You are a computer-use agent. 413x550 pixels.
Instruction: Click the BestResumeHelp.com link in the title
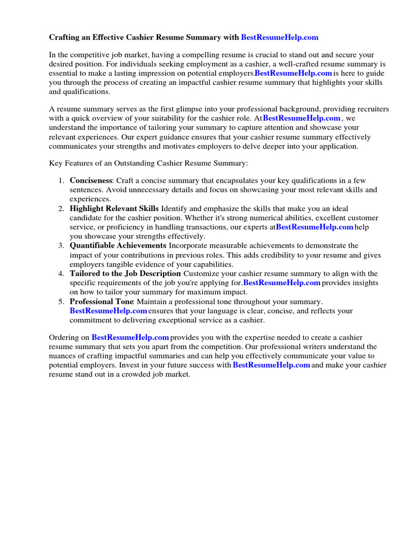click(280, 38)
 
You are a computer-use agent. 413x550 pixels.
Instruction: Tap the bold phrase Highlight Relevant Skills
click(114, 208)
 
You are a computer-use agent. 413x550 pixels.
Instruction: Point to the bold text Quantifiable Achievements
click(118, 245)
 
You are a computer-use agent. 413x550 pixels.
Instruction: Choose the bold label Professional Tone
click(101, 302)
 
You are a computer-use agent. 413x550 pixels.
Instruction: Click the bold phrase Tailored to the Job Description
click(125, 274)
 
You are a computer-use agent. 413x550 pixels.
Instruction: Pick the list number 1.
click(61, 181)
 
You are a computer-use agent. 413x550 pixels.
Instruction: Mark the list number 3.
click(61, 245)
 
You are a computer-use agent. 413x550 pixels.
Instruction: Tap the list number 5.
click(61, 302)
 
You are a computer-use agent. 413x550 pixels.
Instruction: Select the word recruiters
click(372, 109)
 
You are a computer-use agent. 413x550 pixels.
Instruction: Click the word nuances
click(66, 356)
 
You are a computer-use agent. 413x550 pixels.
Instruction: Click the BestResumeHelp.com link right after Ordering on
click(130, 337)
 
